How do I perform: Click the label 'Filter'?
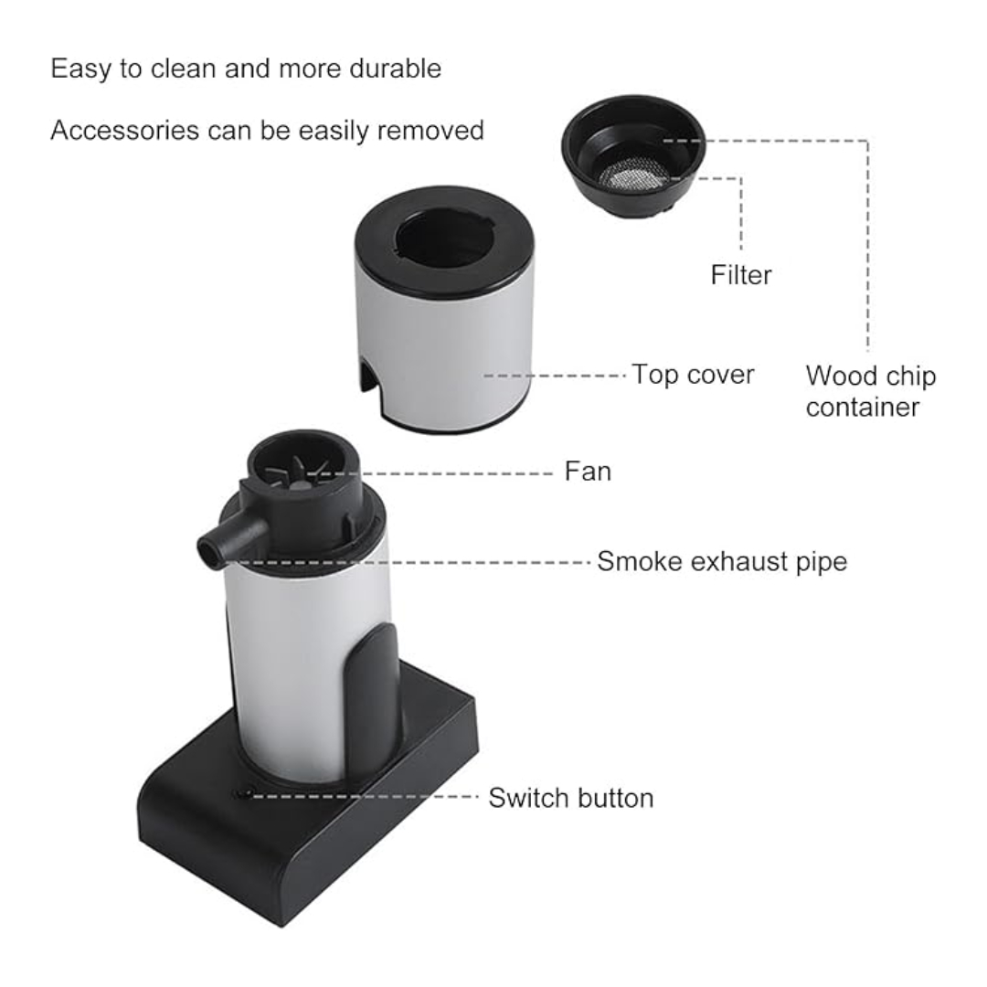click(741, 275)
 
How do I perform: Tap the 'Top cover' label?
click(693, 375)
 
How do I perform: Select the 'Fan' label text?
click(588, 471)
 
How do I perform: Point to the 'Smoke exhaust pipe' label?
click(722, 561)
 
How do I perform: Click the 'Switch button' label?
click(571, 798)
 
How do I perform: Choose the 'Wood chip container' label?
click(871, 391)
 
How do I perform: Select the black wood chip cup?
click(633, 157)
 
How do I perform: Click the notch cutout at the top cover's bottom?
click(368, 377)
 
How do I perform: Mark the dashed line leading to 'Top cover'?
click(555, 376)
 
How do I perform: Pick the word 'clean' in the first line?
click(183, 68)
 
